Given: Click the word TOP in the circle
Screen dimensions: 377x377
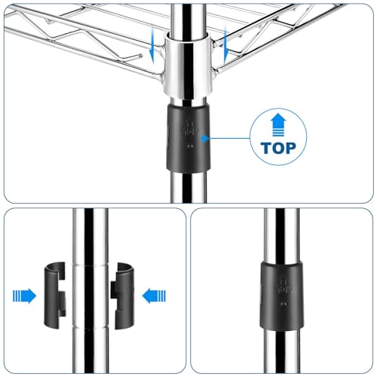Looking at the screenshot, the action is (x=278, y=148).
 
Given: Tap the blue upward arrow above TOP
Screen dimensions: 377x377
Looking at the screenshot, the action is (x=278, y=125).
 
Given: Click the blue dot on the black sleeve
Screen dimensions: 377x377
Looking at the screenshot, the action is (x=204, y=138).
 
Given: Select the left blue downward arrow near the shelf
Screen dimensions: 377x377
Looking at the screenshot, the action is (x=152, y=44).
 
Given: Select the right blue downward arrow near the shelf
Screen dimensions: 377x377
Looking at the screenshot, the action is (x=225, y=44).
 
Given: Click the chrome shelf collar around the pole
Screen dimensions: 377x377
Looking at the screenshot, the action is (x=188, y=66).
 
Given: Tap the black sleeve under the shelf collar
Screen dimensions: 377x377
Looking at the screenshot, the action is (x=188, y=138).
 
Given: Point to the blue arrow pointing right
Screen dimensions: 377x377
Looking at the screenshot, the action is (x=24, y=296).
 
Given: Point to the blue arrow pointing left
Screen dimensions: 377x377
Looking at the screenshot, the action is (x=154, y=296).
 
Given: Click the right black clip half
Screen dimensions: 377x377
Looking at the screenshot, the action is (x=124, y=296).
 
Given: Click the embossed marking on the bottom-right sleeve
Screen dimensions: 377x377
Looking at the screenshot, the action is (x=284, y=286).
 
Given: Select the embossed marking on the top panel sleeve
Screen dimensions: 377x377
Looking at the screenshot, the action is (x=190, y=129).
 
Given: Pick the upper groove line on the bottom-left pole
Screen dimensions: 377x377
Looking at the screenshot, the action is (x=90, y=265).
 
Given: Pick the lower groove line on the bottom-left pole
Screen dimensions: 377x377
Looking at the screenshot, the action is (x=90, y=327).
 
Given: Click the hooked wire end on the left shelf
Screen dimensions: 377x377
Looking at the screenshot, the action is (x=140, y=56).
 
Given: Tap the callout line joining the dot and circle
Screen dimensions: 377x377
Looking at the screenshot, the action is (x=228, y=138).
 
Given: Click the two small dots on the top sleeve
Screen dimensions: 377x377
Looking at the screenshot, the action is (x=190, y=146).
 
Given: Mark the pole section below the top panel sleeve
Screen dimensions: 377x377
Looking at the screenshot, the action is (x=188, y=187).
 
